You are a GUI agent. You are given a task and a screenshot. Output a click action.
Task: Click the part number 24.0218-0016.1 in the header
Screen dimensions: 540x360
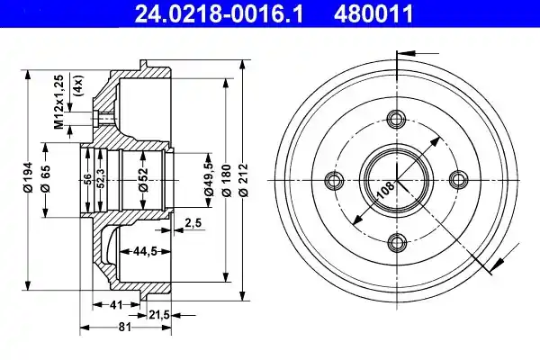pos(219,13)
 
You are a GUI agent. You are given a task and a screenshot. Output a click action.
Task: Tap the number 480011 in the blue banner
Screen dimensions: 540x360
pos(373,13)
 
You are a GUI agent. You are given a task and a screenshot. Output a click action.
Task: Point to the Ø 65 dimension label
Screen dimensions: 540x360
pos(45,178)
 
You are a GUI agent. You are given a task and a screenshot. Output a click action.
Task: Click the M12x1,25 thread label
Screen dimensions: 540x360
pos(59,102)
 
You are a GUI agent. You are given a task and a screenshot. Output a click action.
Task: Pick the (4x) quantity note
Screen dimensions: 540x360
pos(78,85)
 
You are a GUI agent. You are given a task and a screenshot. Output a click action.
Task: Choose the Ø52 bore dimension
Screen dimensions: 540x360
pos(143,179)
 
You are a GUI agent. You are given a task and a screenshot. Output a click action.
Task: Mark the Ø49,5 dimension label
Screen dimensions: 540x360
pos(209,179)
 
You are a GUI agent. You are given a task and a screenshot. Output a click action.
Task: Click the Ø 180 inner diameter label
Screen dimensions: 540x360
pos(226,180)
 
